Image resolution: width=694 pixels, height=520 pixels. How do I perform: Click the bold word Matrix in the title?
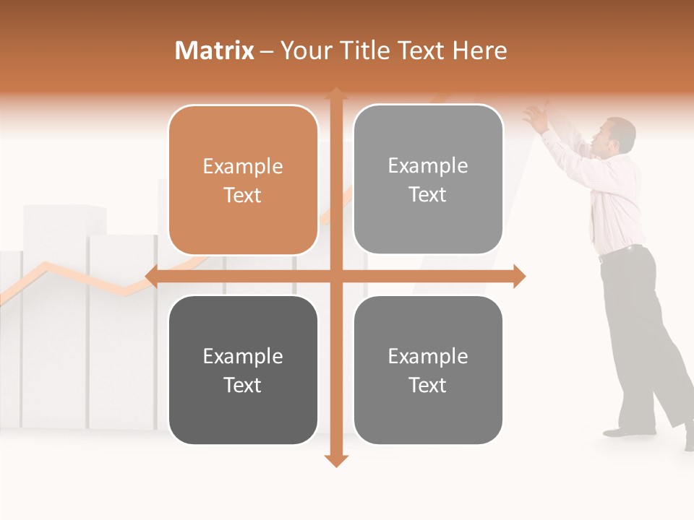coord(215,51)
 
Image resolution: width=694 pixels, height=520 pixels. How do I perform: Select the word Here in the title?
coord(479,51)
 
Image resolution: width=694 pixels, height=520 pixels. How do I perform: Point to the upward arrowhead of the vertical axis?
coord(335,93)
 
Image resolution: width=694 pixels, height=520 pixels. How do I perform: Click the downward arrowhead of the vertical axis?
coord(335,461)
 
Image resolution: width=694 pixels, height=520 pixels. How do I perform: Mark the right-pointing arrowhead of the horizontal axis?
coord(518,276)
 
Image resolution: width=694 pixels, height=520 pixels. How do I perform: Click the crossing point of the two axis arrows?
coord(335,276)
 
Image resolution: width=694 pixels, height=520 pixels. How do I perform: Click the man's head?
coord(618,136)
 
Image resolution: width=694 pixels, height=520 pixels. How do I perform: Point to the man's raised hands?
coord(536,116)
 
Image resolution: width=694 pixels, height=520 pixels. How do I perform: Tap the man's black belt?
coord(622,251)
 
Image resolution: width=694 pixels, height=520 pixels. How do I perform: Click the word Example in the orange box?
coord(243,167)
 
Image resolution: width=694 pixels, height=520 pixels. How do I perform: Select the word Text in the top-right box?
coord(428,195)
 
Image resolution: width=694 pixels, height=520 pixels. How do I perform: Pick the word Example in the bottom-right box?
coord(428,357)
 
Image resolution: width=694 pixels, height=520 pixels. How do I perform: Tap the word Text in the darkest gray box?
coord(243,386)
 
